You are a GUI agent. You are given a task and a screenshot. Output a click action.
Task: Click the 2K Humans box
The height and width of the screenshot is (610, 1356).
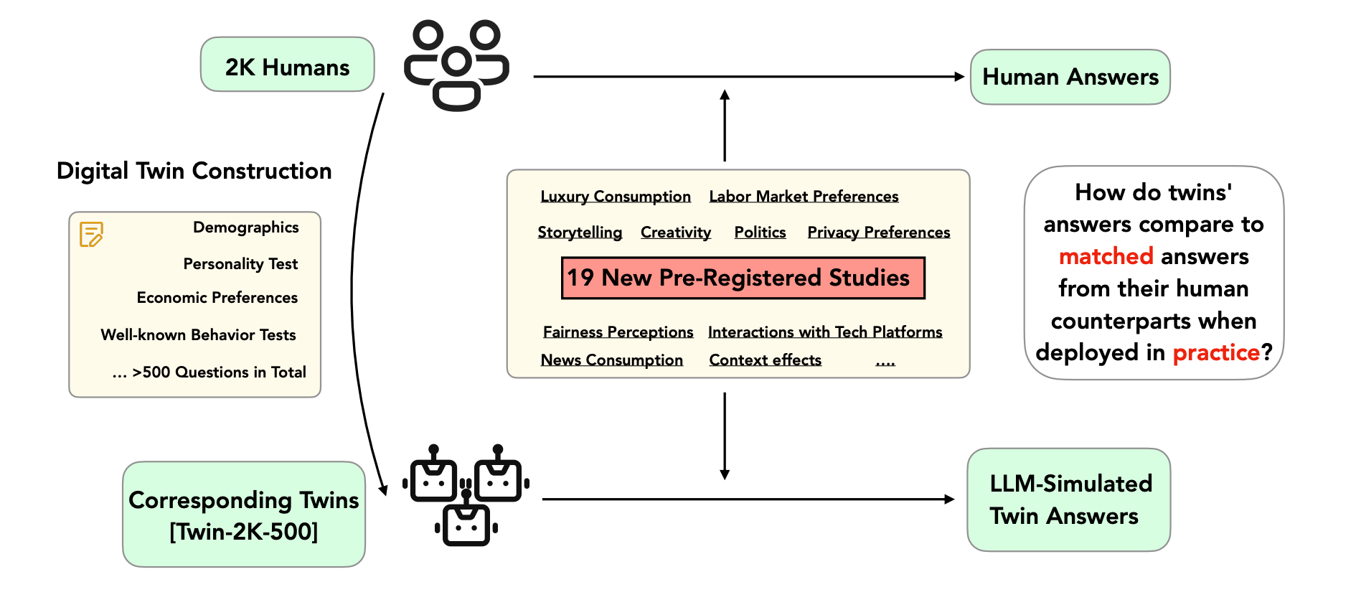point(287,65)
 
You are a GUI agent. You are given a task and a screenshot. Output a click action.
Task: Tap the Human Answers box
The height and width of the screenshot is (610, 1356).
point(1070,77)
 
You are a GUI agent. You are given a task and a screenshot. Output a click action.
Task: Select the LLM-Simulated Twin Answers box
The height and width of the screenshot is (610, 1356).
point(1068,499)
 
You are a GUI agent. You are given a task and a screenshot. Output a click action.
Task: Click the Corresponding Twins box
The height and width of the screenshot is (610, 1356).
point(244,515)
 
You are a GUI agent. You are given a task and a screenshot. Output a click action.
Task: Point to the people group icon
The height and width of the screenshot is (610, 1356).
point(456,65)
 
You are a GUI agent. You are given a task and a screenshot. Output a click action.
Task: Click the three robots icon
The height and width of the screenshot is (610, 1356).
point(466,495)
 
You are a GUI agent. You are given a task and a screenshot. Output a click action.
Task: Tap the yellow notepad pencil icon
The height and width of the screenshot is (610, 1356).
point(91,234)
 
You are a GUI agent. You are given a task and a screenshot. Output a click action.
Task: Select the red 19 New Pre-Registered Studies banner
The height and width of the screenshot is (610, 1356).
point(743,278)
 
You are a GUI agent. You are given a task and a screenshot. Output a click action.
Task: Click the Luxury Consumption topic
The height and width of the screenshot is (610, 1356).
point(616,197)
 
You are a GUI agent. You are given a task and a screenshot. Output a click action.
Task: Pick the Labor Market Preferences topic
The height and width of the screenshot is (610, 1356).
point(804,197)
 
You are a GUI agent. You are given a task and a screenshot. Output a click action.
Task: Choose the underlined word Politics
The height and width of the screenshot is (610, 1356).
point(760,233)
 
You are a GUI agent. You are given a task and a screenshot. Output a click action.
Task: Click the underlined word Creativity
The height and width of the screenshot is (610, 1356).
point(676,233)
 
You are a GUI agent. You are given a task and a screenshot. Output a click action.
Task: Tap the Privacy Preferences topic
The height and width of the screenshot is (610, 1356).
point(878,233)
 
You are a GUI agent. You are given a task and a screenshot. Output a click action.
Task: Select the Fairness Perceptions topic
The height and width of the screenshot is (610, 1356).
point(618,332)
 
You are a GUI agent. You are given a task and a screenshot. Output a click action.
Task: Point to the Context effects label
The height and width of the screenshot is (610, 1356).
point(765,360)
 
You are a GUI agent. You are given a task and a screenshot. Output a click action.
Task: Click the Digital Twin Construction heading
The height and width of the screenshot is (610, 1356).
point(194,171)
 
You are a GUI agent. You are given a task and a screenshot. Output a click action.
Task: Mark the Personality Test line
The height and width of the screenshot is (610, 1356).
point(240,264)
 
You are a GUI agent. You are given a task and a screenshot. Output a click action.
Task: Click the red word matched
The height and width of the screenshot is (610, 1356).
point(1106,256)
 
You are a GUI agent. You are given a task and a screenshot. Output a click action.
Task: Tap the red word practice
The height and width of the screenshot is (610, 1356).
point(1215,352)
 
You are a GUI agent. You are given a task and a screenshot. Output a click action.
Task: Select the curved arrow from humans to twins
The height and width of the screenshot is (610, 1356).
point(353,287)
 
